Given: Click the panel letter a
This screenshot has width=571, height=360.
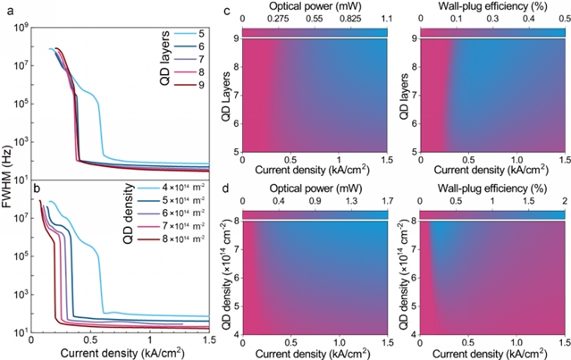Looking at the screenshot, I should [x=7, y=12].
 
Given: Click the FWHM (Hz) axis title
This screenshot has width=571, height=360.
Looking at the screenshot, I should [x=8, y=174].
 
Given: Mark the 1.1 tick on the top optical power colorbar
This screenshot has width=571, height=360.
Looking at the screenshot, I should [x=386, y=20].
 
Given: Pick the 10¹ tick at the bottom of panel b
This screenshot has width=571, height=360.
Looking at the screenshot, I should [x=19, y=332].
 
